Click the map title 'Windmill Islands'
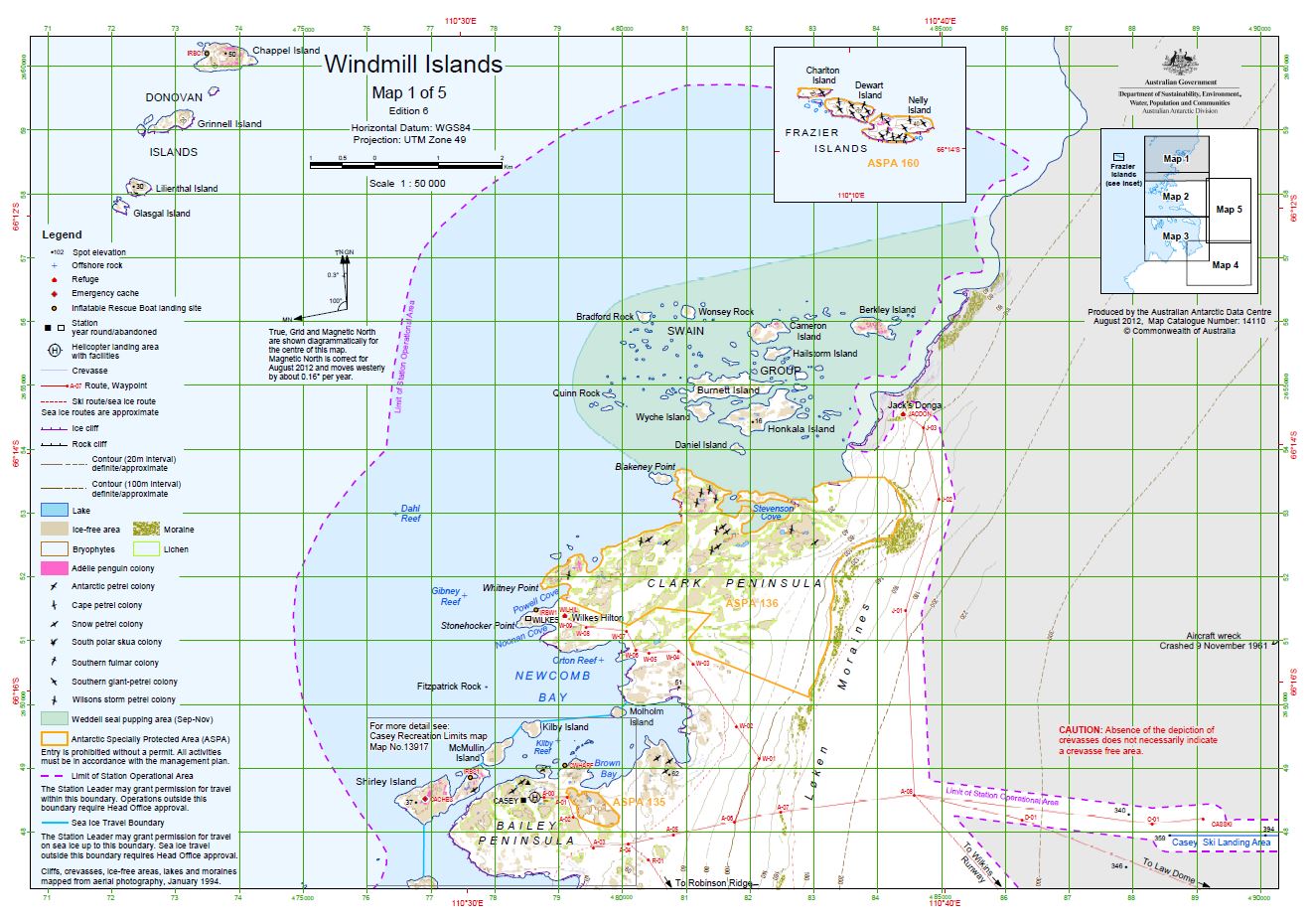(x=413, y=66)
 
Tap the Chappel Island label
(x=286, y=51)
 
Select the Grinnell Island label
(x=229, y=124)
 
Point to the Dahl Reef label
(x=410, y=513)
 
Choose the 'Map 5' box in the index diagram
(x=1229, y=210)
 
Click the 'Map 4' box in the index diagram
(x=1225, y=265)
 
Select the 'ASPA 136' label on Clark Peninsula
(x=751, y=603)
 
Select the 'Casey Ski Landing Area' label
(x=1221, y=843)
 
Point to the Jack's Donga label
(x=914, y=405)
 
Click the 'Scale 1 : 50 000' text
(x=407, y=184)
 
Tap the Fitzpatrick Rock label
(x=449, y=687)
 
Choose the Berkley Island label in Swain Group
(x=887, y=310)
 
